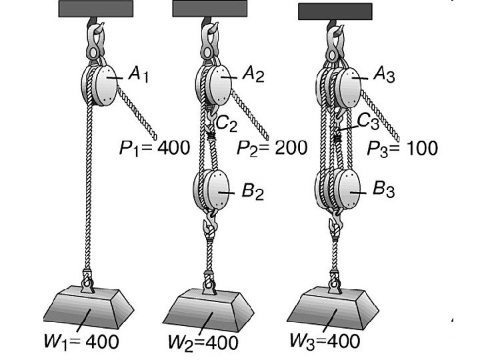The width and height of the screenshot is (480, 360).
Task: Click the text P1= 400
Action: tap(155, 147)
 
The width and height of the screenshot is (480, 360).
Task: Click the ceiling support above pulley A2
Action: tap(209, 9)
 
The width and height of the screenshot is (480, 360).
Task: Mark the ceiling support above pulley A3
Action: tap(335, 11)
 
